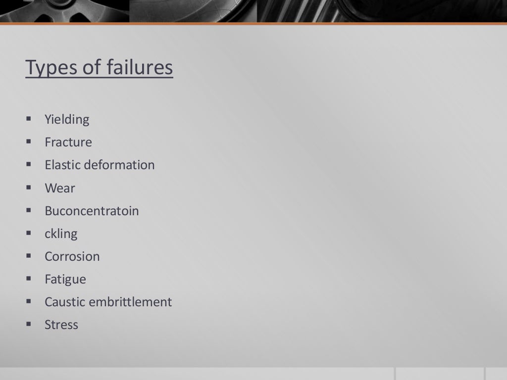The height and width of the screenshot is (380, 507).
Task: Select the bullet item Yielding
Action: click(x=67, y=120)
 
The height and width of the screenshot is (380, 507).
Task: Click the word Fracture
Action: click(x=68, y=142)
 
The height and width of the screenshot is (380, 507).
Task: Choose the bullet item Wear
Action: click(x=60, y=189)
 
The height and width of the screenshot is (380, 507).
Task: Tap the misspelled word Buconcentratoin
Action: click(x=92, y=211)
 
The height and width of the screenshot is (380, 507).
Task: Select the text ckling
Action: click(x=61, y=234)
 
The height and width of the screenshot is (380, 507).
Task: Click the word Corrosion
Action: click(x=72, y=256)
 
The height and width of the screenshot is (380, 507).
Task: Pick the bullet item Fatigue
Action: click(x=65, y=280)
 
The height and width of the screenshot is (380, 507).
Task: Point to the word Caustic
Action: click(x=64, y=302)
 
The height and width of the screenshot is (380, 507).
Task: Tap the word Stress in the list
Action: click(x=61, y=325)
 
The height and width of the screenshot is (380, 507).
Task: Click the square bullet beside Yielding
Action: click(x=28, y=119)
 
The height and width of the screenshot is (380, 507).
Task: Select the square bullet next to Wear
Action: click(x=28, y=188)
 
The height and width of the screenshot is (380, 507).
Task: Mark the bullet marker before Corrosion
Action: click(x=28, y=256)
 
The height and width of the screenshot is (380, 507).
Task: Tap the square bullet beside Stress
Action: click(x=28, y=325)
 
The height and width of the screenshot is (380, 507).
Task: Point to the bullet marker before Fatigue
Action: click(x=28, y=279)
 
